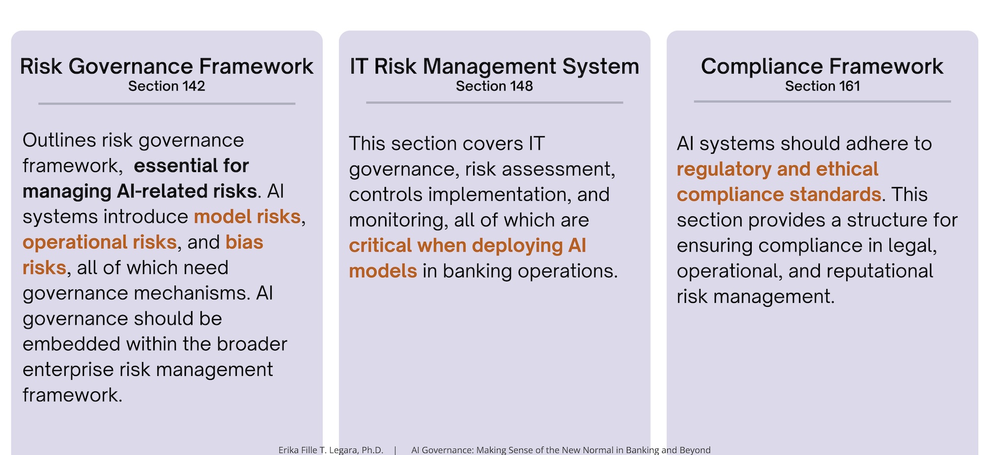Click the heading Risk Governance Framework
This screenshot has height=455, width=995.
pos(167,66)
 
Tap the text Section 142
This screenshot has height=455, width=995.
pos(167,86)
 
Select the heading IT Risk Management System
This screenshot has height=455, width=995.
pos(494,66)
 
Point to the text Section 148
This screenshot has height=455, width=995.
pos(494,86)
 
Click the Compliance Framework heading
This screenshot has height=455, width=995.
pos(822,66)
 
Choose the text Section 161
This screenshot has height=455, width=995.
pos(822,86)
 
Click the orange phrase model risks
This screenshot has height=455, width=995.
pos(247,217)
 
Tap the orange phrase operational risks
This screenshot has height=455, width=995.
pos(99,242)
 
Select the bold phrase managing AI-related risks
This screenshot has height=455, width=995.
pos(140,191)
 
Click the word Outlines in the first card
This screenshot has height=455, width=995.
pos(59,140)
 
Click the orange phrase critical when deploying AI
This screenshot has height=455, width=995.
pos(467,246)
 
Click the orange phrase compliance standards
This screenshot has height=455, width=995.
pos(779,194)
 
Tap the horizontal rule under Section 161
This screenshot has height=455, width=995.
pos(822,101)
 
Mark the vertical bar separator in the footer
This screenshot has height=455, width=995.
pos(395,450)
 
